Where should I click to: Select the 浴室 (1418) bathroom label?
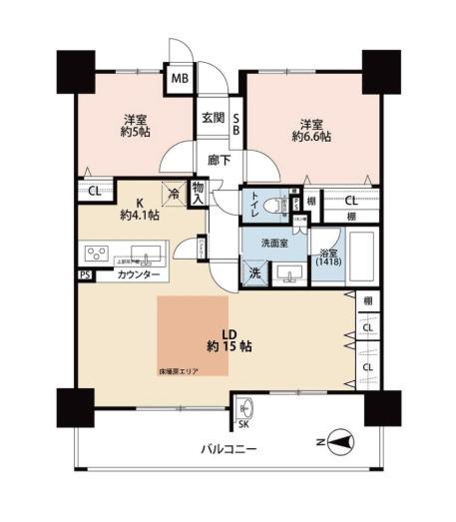[x=327, y=257]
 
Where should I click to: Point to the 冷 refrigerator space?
[x=174, y=196]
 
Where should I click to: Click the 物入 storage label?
[x=198, y=192]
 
